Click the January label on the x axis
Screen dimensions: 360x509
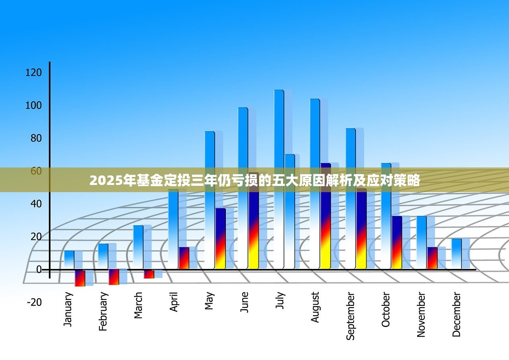(x=68, y=309)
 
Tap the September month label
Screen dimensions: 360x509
(x=350, y=316)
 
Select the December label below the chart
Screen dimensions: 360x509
(x=457, y=314)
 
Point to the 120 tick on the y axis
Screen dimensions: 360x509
(x=33, y=72)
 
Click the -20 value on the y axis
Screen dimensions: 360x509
(x=34, y=302)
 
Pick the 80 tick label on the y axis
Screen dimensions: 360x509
(x=34, y=138)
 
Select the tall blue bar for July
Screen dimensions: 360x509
(x=279, y=179)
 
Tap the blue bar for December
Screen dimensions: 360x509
(x=457, y=253)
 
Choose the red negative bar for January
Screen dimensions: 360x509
(x=80, y=278)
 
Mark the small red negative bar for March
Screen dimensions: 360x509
(x=149, y=274)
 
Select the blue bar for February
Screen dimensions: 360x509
(x=103, y=256)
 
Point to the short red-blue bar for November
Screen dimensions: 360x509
(x=432, y=258)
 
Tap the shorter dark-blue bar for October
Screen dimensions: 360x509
(x=396, y=242)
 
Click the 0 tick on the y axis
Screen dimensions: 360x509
(x=39, y=270)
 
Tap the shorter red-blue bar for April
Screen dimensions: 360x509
(x=184, y=258)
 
